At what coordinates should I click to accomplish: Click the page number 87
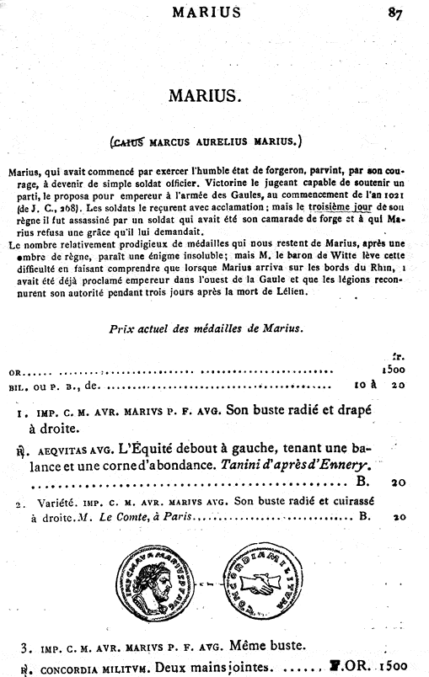click(396, 12)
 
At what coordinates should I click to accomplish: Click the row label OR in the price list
click(15, 370)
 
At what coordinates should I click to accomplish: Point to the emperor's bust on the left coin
click(163, 582)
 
